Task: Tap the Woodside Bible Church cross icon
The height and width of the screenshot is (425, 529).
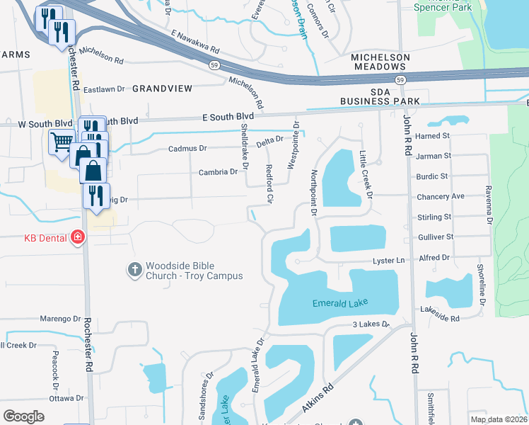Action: [134, 269]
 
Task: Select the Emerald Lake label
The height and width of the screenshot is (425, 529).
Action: [336, 304]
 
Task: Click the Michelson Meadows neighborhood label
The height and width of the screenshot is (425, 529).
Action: [380, 62]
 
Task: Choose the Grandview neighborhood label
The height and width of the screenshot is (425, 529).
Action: [162, 89]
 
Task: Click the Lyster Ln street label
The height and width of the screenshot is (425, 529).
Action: [388, 261]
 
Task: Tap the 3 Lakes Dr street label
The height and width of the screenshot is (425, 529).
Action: [371, 324]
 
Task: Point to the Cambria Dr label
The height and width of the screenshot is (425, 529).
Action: [218, 172]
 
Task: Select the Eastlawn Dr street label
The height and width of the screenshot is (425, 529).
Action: [104, 90]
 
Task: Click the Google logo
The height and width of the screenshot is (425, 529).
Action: [23, 416]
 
